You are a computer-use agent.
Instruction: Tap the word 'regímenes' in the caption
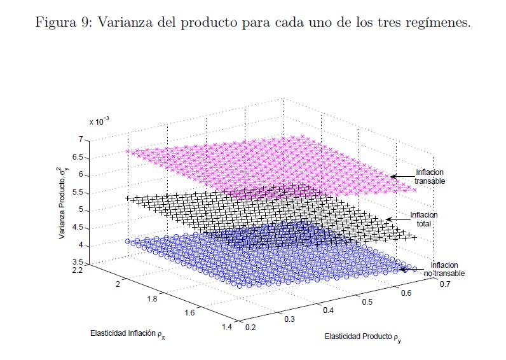(x=441, y=24)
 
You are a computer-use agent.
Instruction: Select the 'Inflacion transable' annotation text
(x=430, y=176)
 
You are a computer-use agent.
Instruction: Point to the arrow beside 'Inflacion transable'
(x=402, y=176)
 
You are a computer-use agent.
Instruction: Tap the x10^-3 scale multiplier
(x=99, y=121)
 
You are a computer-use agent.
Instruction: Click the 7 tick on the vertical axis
(x=81, y=139)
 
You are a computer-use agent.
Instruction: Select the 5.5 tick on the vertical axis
(x=78, y=192)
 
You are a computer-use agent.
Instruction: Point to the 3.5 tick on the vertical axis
(x=78, y=262)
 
